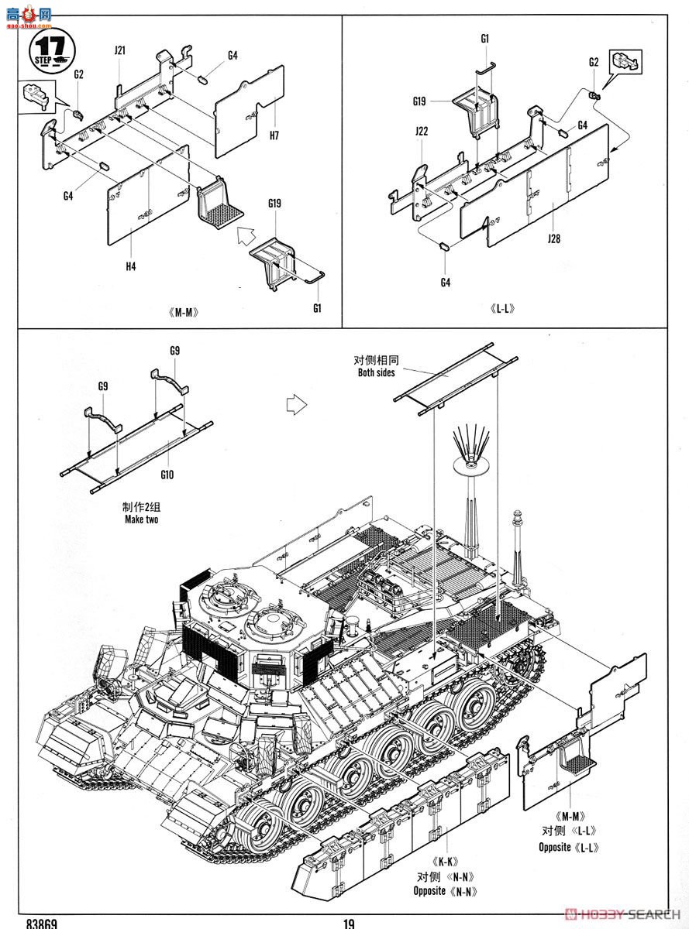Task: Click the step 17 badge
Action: click(52, 51)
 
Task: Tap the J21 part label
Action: click(119, 50)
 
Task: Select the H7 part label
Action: click(274, 135)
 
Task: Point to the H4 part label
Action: click(130, 266)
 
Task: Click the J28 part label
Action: click(553, 238)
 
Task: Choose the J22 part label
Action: click(422, 131)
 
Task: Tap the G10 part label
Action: click(167, 475)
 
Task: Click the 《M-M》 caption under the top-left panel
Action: click(183, 313)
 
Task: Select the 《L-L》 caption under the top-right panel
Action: click(502, 309)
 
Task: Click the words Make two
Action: click(141, 519)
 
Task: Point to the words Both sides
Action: click(376, 372)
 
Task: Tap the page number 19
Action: click(349, 924)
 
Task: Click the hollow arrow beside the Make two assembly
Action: click(297, 404)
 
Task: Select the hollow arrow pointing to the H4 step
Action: click(246, 235)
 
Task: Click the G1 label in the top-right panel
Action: click(484, 39)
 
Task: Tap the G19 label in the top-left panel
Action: click(274, 203)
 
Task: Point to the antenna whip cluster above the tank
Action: click(471, 445)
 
